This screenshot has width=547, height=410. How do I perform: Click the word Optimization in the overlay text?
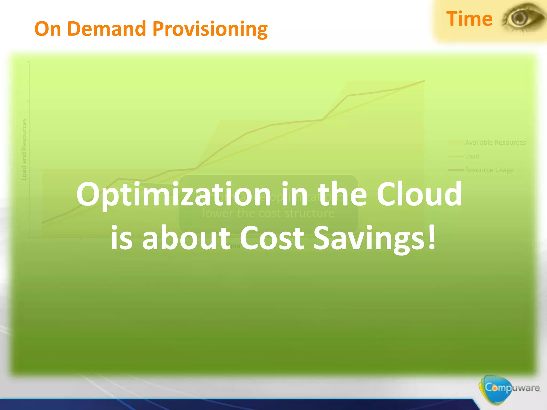point(174,195)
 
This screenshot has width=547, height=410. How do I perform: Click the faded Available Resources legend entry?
point(495,143)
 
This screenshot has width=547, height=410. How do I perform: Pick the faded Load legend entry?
point(472,156)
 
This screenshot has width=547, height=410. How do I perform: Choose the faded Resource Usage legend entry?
point(489,170)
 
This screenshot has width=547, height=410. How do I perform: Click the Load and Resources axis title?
point(24,149)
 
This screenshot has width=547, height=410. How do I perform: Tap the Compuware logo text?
point(512,387)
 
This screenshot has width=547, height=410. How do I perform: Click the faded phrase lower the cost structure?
point(268,213)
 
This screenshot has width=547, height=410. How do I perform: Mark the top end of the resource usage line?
point(424,81)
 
